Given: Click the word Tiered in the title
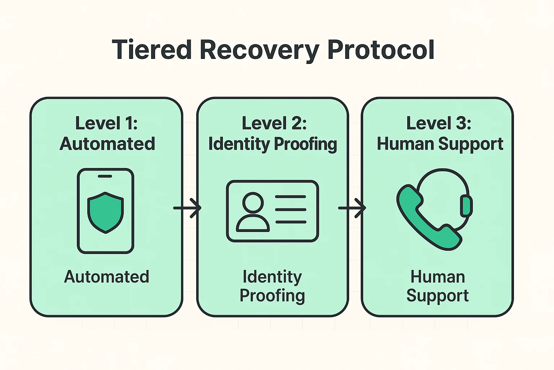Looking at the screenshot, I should pyautogui.click(x=151, y=50).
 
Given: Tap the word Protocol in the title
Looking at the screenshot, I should pyautogui.click(x=380, y=50).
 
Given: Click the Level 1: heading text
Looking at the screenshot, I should pyautogui.click(x=106, y=123).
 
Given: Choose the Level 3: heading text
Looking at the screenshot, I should pyautogui.click(x=439, y=123).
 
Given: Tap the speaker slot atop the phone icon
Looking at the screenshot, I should pyautogui.click(x=105, y=176).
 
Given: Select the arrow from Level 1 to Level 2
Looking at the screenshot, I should pyautogui.click(x=188, y=208).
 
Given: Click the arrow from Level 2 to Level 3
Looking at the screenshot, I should pyautogui.click(x=352, y=208).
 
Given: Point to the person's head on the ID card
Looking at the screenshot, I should pyautogui.click(x=253, y=202).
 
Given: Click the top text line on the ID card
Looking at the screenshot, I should pyautogui.click(x=290, y=197).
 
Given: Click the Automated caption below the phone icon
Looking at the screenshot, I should pyautogui.click(x=106, y=277).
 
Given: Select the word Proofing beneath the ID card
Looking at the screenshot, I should pyautogui.click(x=272, y=296).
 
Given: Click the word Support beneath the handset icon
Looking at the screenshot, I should pyautogui.click(x=437, y=296).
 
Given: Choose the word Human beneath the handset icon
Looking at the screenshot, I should pyautogui.click(x=438, y=277).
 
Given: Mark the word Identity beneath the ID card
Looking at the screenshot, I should pyautogui.click(x=272, y=277).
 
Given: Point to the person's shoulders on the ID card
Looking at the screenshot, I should pyautogui.click(x=252, y=224).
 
